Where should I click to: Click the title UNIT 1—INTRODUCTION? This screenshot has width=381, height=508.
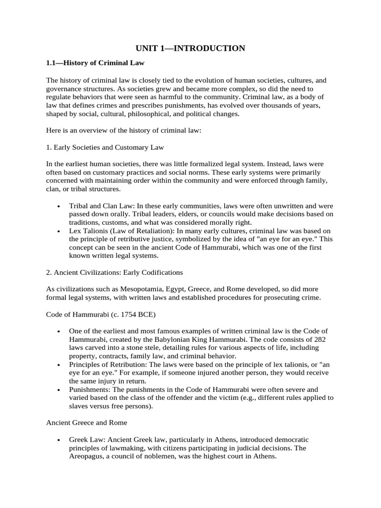[190, 48]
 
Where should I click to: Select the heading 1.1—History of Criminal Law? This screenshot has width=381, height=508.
[95, 63]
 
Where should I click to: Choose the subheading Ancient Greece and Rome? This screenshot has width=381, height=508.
[86, 422]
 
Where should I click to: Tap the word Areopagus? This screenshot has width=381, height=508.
[89, 456]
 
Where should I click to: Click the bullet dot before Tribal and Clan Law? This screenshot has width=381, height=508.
[59, 206]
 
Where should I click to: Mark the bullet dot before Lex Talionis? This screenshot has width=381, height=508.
[59, 231]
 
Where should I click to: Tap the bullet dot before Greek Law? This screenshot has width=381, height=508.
[59, 440]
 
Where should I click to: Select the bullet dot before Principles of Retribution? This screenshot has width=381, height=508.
[59, 364]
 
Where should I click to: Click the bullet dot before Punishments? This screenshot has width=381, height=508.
[59, 389]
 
